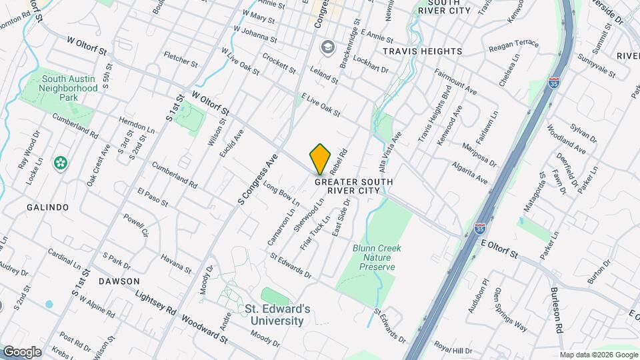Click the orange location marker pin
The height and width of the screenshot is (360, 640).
[321, 159]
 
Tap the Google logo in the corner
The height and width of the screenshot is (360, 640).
[22, 351]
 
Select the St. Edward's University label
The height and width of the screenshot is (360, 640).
[277, 315]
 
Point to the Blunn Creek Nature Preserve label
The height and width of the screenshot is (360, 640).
[373, 257]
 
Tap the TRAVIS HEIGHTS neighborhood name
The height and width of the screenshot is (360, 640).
[422, 51]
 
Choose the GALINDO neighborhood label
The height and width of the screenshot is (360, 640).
[48, 207]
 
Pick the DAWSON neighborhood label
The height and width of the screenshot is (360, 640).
[119, 281]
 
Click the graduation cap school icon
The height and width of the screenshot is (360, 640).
[327, 47]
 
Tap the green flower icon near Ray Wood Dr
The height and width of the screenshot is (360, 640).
[61, 163]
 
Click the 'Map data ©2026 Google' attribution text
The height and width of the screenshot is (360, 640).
[598, 355]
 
